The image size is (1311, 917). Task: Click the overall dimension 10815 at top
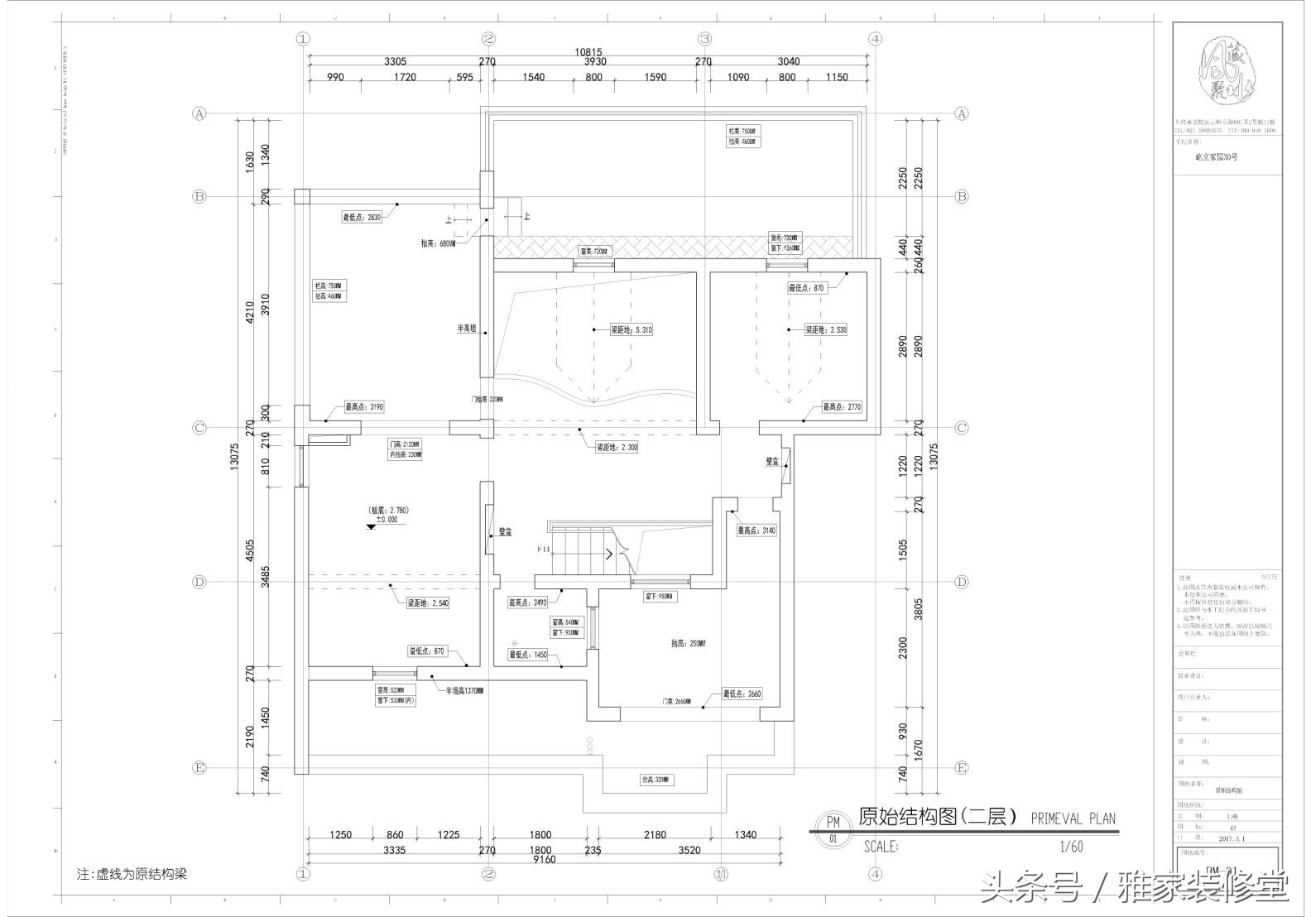[x=589, y=51]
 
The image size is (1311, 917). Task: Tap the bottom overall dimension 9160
[x=545, y=859]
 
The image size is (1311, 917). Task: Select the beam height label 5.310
[x=631, y=329]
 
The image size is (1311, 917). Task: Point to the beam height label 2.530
[x=826, y=329]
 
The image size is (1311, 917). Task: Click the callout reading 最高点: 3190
[x=364, y=407]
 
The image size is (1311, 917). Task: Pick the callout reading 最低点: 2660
[x=742, y=694]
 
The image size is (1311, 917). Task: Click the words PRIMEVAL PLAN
[x=1073, y=819]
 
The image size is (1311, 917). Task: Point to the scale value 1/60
[x=1071, y=847]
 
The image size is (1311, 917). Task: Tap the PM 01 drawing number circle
[x=833, y=830]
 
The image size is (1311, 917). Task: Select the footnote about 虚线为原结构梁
[x=132, y=874]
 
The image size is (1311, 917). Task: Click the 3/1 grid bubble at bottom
[x=722, y=874]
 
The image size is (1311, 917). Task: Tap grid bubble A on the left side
[x=199, y=113]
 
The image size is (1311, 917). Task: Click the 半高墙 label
[x=468, y=329]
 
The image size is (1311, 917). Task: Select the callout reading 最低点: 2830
[x=362, y=218]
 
